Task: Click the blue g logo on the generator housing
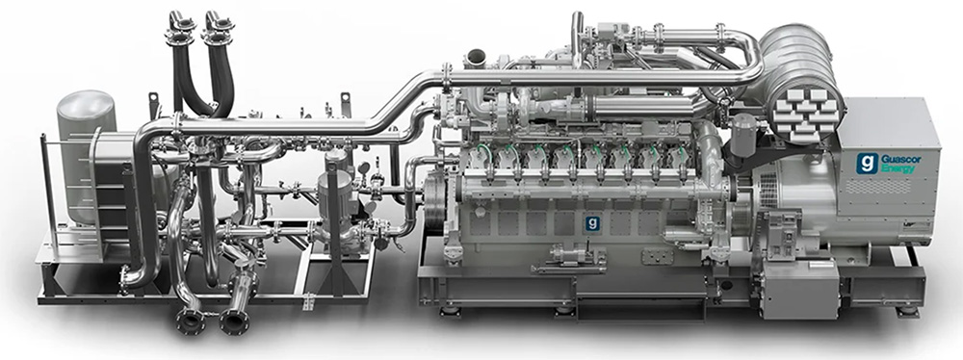coord(868,164)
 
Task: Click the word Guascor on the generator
coord(901,159)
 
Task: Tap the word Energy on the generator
coord(897,168)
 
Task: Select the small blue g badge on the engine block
coord(592,222)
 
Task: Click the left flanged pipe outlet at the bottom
coord(191,321)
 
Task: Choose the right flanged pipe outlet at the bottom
coord(235,321)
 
